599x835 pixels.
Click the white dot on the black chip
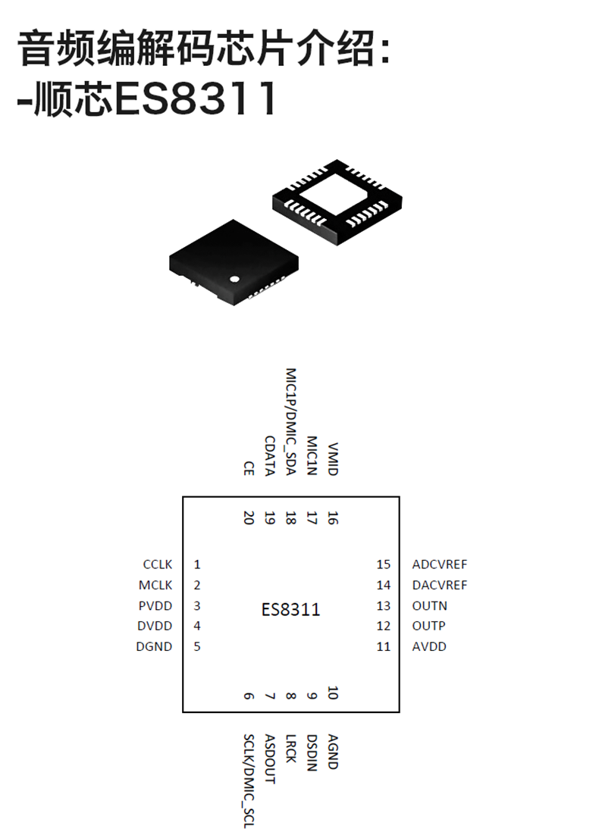coord(235,278)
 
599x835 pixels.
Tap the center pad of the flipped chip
coord(337,191)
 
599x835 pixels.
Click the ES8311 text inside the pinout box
coord(290,610)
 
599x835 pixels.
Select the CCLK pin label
coord(158,564)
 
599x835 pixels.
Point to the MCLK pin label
coord(156,585)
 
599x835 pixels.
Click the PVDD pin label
coord(156,605)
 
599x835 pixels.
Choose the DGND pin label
coord(155,646)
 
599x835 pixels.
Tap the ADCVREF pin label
coord(440,564)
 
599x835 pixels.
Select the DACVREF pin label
coord(440,585)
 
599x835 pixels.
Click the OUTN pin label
coord(430,605)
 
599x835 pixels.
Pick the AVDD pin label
coord(430,646)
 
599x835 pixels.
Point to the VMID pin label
coord(332,460)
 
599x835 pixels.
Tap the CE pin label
coord(248,468)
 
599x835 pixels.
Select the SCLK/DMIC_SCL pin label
coord(248,780)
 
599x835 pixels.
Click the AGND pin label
coord(332,752)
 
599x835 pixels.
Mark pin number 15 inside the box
coord(383,564)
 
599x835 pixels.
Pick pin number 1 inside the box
coord(197,564)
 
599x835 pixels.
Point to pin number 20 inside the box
coord(248,518)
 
